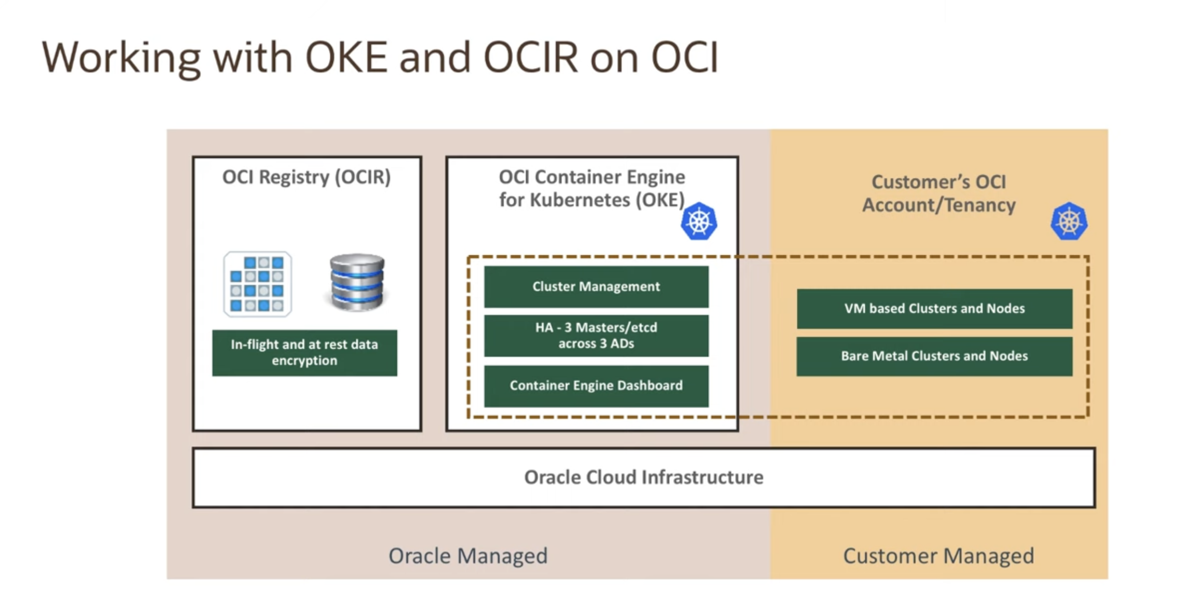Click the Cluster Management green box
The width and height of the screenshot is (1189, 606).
point(596,286)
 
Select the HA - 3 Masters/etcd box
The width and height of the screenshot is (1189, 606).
point(596,336)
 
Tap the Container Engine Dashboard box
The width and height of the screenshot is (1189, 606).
point(596,385)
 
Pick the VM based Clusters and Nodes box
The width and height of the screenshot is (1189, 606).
point(934,309)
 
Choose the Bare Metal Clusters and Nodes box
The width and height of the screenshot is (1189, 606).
point(934,356)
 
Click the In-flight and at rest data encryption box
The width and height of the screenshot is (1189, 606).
point(305,353)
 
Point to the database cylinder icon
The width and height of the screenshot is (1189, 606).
point(357,282)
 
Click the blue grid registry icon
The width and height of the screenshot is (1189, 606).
point(257,284)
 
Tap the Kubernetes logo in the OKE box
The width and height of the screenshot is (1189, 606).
point(699,222)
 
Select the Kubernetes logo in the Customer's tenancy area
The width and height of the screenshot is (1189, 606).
point(1069,222)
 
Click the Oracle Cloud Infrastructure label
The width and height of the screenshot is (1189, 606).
point(644,477)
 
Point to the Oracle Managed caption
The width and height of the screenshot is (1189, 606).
point(468,556)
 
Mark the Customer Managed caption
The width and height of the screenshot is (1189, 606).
point(938,556)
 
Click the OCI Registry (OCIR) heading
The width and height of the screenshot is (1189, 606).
point(307,177)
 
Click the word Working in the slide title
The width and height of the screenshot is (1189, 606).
point(121,58)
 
